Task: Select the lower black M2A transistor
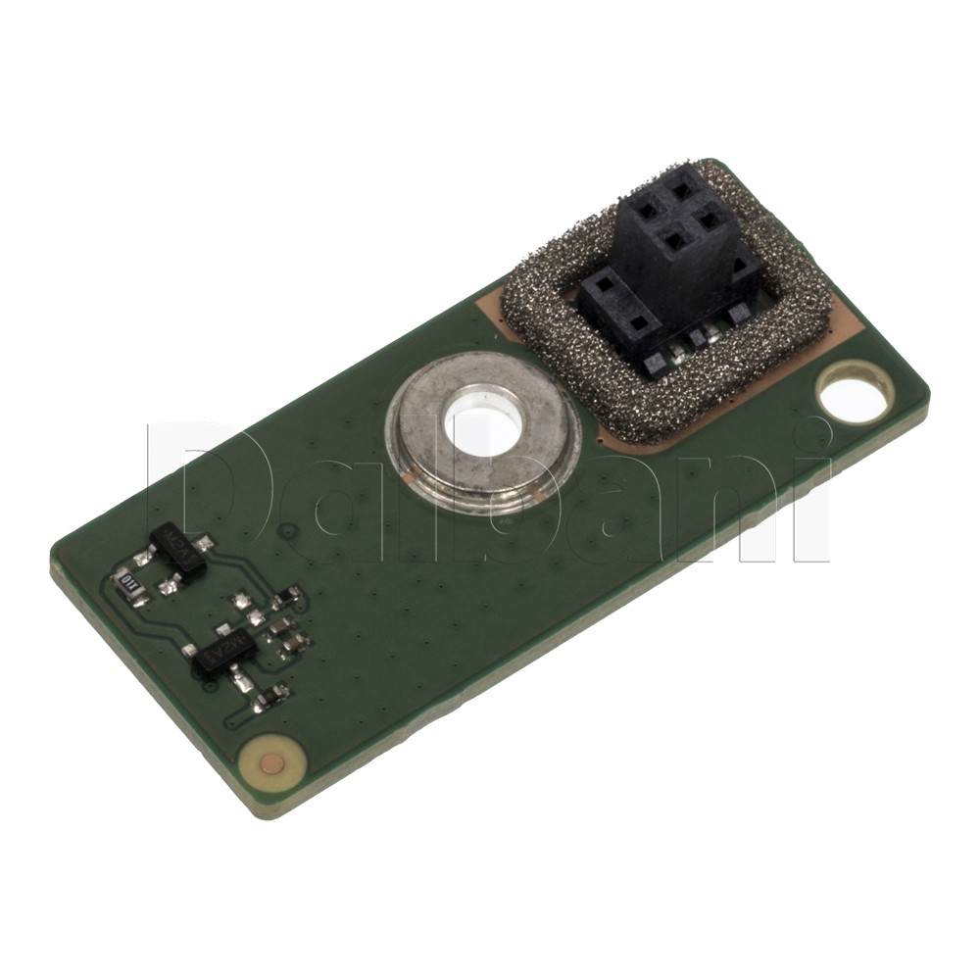(224, 652)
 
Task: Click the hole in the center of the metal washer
(482, 428)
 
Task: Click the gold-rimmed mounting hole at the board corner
(854, 397)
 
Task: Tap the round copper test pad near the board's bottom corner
(272, 762)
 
